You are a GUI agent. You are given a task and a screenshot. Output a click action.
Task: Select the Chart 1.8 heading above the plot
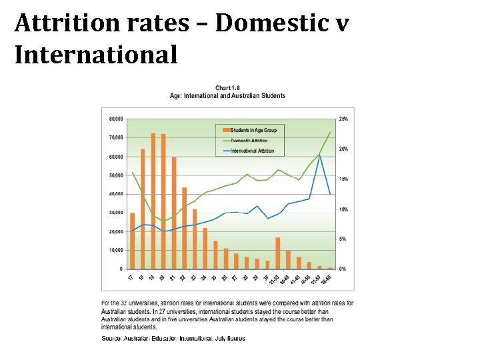pyautogui.click(x=227, y=88)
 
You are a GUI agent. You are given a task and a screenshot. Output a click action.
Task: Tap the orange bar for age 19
pyautogui.click(x=153, y=201)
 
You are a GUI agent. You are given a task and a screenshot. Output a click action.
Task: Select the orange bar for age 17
pyautogui.click(x=132, y=241)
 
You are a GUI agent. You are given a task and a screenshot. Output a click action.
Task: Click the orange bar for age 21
pyautogui.click(x=174, y=213)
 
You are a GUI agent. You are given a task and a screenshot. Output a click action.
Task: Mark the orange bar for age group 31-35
pyautogui.click(x=277, y=253)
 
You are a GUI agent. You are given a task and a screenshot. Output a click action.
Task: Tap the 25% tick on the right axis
pyautogui.click(x=344, y=119)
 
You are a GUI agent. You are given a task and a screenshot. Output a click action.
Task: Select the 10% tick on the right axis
pyautogui.click(x=344, y=209)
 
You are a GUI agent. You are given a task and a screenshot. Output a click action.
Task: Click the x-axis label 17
pyautogui.click(x=131, y=277)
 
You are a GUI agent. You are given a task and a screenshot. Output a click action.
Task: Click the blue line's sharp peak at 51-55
pyautogui.click(x=319, y=155)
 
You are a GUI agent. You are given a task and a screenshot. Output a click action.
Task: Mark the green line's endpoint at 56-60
pyautogui.click(x=330, y=132)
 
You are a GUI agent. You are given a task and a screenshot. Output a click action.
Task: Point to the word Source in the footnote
pyautogui.click(x=111, y=339)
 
